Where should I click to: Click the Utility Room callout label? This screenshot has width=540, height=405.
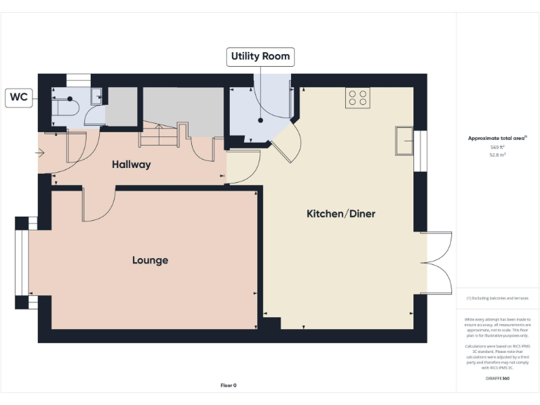[260, 57]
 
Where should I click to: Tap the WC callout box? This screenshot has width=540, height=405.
[19, 98]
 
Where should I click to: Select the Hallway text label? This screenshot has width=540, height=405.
[131, 165]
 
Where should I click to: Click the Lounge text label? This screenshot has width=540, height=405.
[150, 260]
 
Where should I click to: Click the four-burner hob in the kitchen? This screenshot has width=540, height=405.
[357, 98]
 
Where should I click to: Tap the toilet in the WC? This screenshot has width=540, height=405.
[67, 106]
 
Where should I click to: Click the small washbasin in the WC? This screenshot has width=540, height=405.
[96, 96]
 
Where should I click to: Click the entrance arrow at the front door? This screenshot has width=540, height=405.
[40, 152]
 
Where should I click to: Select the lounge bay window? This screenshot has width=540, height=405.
[21, 262]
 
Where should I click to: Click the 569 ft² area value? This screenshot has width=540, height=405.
[497, 148]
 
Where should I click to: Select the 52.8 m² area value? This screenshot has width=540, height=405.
[497, 156]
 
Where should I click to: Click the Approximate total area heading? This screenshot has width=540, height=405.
[497, 139]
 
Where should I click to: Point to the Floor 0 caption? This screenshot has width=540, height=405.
[229, 385]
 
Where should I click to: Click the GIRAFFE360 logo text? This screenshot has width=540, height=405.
[497, 378]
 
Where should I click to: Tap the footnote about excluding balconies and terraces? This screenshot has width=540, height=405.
[497, 299]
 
